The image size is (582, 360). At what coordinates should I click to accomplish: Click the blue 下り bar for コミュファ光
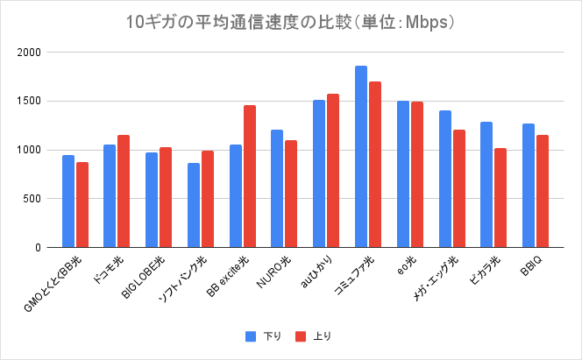[x=361, y=157]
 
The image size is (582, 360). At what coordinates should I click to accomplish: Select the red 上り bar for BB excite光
[x=250, y=176]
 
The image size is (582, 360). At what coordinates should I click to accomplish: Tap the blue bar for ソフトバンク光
[x=194, y=205]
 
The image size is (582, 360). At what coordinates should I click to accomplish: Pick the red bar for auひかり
[x=333, y=171]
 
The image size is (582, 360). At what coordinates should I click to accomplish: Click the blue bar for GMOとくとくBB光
[x=68, y=201]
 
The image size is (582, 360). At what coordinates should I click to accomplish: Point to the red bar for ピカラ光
[x=500, y=198]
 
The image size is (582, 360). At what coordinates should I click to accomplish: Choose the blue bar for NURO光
[x=277, y=188]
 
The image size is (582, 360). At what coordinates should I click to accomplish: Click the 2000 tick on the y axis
[x=30, y=53]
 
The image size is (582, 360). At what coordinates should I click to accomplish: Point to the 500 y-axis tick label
[x=32, y=199]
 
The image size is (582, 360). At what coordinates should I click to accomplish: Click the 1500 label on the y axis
[x=30, y=102]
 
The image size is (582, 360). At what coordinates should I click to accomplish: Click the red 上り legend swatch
[x=300, y=335]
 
